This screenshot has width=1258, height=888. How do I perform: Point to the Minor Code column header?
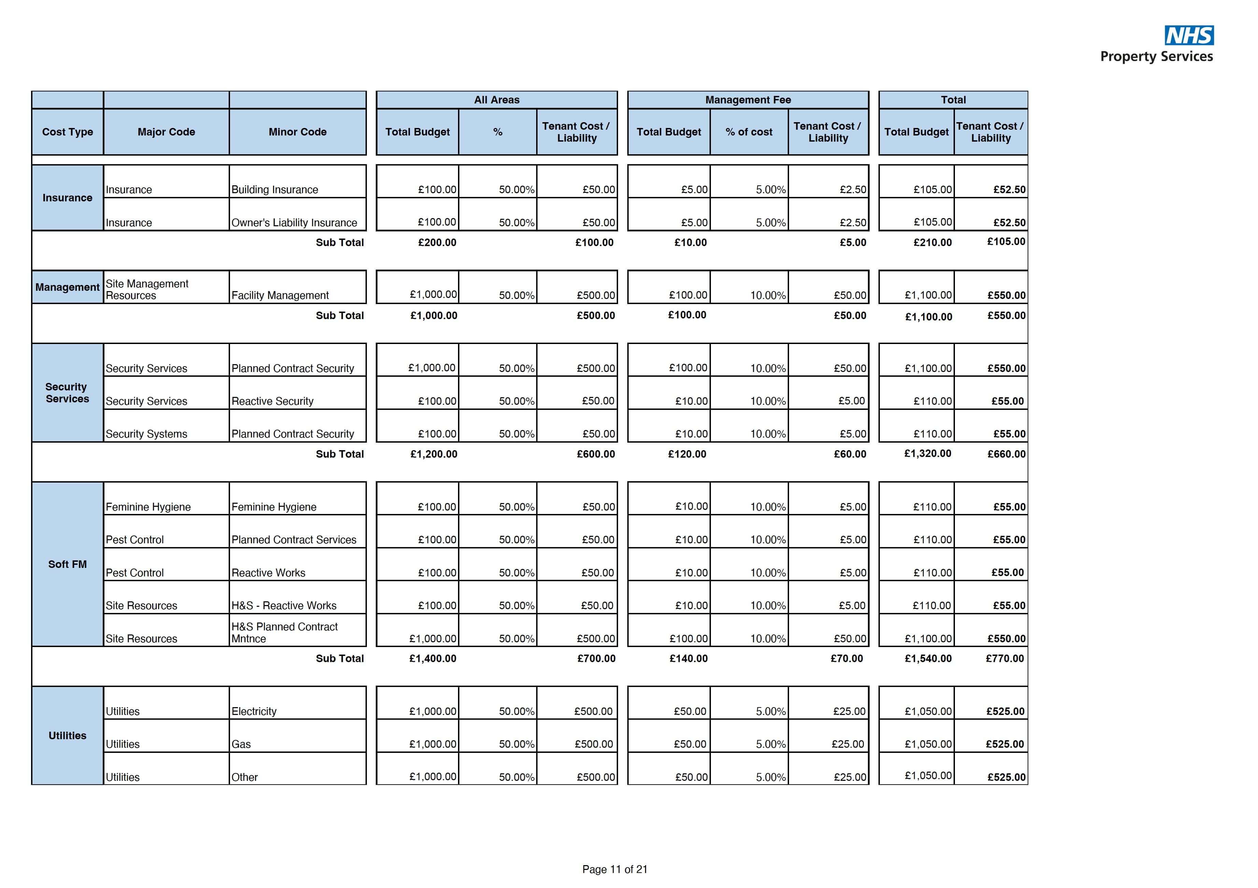pyautogui.click(x=298, y=132)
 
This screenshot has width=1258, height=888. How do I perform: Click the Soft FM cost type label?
pyautogui.click(x=67, y=564)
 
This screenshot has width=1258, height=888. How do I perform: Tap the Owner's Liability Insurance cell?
pyautogui.click(x=294, y=223)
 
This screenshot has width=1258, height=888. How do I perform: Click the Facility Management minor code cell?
pyautogui.click(x=280, y=295)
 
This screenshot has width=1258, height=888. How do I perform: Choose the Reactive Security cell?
pyautogui.click(x=272, y=401)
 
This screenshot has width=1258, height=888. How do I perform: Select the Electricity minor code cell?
pyautogui.click(x=254, y=711)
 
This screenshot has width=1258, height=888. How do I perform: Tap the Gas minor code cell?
pyautogui.click(x=241, y=744)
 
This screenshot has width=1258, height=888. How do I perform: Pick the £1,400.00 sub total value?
pyautogui.click(x=432, y=658)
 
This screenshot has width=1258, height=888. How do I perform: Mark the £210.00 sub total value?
pyautogui.click(x=932, y=242)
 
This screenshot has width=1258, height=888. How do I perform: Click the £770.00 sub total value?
pyautogui.click(x=1004, y=658)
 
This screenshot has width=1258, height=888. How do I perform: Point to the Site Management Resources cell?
pyautogui.click(x=147, y=289)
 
